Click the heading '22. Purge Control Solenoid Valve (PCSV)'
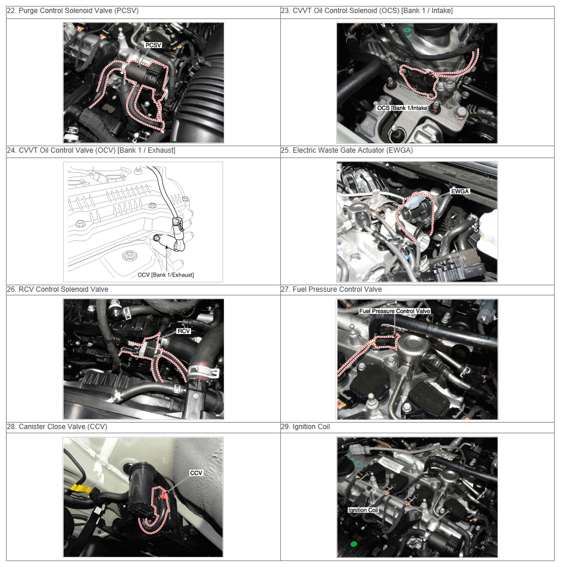[x=73, y=11]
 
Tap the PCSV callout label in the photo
[x=153, y=45]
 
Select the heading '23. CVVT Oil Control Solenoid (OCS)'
[x=367, y=11]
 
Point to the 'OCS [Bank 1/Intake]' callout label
[x=402, y=108]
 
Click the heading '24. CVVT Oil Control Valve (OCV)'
[x=91, y=150]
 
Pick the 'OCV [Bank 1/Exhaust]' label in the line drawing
[x=165, y=275]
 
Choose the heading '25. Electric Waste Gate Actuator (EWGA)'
[x=347, y=150]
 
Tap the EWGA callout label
[x=460, y=191]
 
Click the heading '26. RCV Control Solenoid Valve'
[x=58, y=289]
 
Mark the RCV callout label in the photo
[x=183, y=331]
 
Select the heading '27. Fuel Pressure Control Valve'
[x=331, y=289]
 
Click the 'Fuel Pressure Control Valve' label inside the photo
[x=395, y=311]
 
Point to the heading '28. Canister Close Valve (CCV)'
[x=57, y=427]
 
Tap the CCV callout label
[x=196, y=473]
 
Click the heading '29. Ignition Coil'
[x=305, y=427]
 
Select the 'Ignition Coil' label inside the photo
[x=363, y=510]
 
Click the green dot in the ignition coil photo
[x=354, y=544]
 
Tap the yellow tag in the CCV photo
[x=80, y=489]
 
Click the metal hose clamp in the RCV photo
[x=204, y=373]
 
